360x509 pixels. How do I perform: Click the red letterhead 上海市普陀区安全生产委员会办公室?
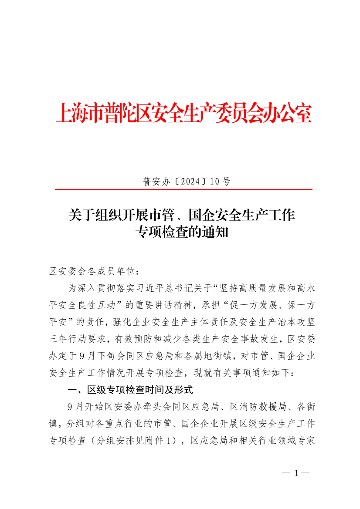tap(183, 114)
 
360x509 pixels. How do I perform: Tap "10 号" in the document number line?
tap(220, 182)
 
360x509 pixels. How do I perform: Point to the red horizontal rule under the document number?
tap(183, 190)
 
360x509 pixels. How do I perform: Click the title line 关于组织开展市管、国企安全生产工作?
tap(182, 215)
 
